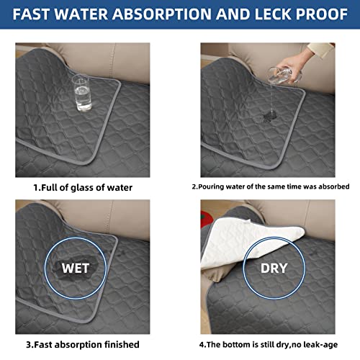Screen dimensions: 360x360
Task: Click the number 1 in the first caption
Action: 35,188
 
